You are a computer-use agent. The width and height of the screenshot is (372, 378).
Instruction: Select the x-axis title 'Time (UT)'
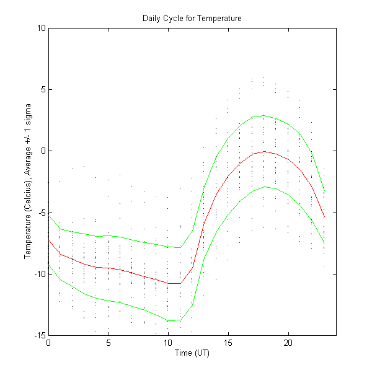coord(192,353)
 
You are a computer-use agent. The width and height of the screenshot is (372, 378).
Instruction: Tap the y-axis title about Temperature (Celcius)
coord(29,181)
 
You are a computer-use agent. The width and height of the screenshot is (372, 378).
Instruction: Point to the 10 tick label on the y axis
coord(41,28)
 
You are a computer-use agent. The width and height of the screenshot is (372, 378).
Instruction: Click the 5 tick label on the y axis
coord(43,89)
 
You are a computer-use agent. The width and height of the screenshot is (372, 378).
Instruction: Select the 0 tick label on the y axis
coord(43,151)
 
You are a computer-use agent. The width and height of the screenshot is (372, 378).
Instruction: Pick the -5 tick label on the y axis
coord(42,212)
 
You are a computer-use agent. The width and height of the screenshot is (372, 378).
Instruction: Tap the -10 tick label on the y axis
coord(40,273)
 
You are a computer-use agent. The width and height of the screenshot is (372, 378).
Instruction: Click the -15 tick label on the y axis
coord(40,335)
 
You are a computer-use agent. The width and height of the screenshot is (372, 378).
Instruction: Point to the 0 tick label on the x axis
coord(48,343)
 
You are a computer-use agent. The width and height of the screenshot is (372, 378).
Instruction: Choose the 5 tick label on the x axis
coord(108,343)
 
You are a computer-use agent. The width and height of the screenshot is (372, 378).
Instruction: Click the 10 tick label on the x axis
coord(168,343)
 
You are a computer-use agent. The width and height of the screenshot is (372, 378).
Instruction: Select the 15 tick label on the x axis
coord(228,343)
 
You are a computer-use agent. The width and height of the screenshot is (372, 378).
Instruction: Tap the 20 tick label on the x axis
coord(288,343)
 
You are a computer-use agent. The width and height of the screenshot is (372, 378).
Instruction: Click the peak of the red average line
coord(264,151)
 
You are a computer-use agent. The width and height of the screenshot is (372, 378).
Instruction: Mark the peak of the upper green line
coord(264,115)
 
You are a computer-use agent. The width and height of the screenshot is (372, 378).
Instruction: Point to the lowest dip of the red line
coord(174,283)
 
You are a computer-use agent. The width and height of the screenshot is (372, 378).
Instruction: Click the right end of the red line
coord(324,217)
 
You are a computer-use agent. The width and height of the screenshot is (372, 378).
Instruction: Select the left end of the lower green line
coord(48,265)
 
